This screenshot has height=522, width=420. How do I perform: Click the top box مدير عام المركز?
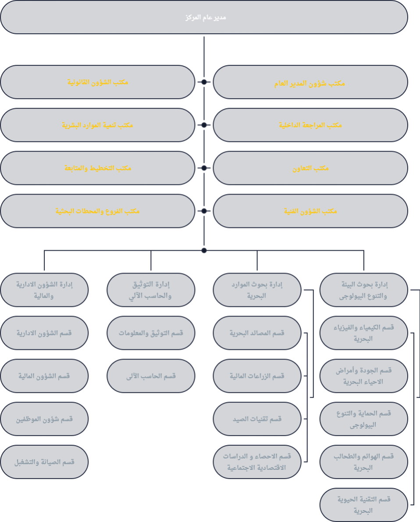[x=204, y=18]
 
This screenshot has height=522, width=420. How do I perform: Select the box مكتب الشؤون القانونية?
[x=97, y=82]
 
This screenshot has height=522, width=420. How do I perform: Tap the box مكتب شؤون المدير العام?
[x=310, y=82]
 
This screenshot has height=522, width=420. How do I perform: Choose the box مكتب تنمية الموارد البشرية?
[x=97, y=125]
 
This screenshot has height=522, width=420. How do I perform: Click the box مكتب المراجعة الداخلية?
[x=310, y=125]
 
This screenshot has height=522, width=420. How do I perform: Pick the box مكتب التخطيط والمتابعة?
[x=97, y=168]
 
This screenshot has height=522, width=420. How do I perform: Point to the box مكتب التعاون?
[x=310, y=168]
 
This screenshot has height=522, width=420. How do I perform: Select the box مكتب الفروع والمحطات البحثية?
[x=97, y=211]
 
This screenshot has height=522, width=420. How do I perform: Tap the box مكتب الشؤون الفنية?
[x=310, y=211]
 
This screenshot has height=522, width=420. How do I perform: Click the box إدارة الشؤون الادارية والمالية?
[x=44, y=290]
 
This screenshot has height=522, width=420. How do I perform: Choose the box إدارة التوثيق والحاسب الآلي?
[x=151, y=290]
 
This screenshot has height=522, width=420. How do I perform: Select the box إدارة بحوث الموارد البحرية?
[x=257, y=290]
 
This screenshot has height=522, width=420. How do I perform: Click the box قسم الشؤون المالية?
[x=44, y=376]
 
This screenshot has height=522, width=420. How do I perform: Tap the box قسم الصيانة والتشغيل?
[x=44, y=462]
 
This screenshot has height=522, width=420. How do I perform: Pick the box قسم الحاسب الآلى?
[x=151, y=376]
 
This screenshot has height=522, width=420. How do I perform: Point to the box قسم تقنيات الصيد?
[x=257, y=419]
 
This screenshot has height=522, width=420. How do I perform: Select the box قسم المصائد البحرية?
[x=257, y=333]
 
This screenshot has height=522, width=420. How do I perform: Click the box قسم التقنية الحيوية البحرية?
[x=363, y=504]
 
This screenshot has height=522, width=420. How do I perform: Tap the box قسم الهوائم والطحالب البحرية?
[x=363, y=462]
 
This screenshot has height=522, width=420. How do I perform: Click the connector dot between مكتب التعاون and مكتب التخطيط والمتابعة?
[x=204, y=168]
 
